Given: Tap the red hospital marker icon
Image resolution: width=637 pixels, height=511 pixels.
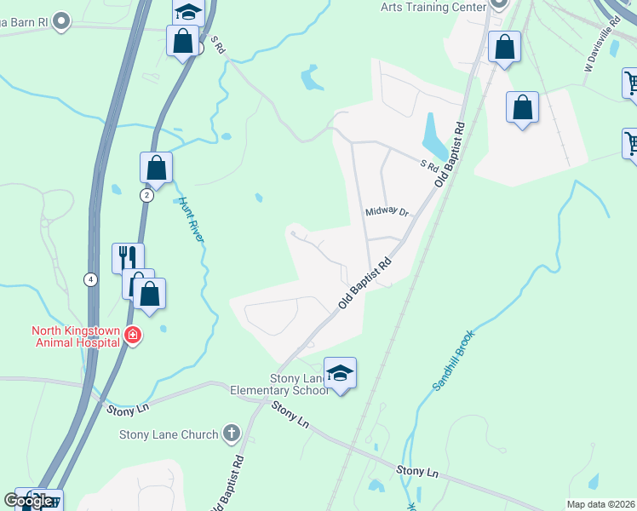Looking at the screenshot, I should tap(132, 336).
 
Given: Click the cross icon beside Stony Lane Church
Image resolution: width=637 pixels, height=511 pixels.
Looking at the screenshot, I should tap(231, 434).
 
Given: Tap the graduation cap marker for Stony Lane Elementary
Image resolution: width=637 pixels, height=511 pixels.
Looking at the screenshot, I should tap(340, 373).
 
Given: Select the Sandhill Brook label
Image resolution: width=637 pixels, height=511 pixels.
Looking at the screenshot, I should tap(453, 360).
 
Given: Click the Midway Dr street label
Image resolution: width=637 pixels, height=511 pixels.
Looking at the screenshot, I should tap(387, 212).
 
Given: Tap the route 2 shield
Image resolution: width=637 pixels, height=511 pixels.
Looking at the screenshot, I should tap(146, 195).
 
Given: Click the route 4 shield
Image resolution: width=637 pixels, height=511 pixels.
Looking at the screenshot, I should tap(89, 278).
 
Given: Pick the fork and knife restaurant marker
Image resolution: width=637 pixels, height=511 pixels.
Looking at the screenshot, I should tap(128, 256).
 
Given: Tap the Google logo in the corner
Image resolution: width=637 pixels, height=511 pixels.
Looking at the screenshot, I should tap(29, 501).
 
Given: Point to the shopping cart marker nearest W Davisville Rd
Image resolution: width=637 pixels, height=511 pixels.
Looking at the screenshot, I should tap(631, 83).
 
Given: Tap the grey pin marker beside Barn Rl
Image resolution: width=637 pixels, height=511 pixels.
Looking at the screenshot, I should tap(60, 20).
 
